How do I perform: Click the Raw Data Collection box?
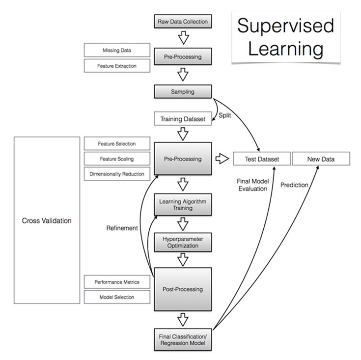tap(183, 22)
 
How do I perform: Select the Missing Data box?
tap(117, 51)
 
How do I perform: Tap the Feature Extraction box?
tap(117, 65)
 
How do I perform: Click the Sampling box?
tap(183, 91)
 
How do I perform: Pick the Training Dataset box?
tap(183, 119)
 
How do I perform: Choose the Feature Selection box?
tap(117, 144)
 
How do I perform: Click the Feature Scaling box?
tap(117, 159)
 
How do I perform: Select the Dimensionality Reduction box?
tap(117, 174)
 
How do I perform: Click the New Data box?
tap(321, 159)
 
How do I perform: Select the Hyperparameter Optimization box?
tap(183, 241)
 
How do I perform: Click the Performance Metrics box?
tap(117, 282)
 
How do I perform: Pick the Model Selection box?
tap(117, 297)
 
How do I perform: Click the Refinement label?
tap(122, 228)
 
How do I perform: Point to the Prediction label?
tap(294, 185)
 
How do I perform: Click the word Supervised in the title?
tap(285, 27)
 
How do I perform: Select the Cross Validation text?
tap(47, 221)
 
